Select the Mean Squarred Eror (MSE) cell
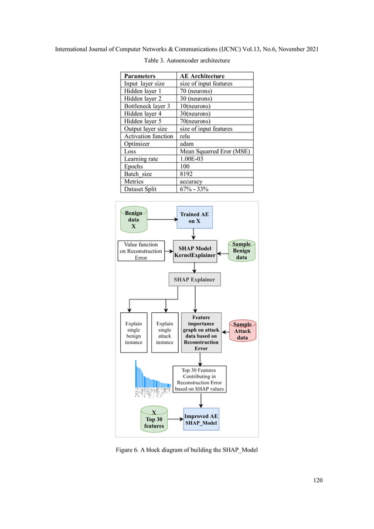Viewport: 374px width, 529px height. [215, 151]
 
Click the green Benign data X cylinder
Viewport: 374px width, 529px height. [134, 220]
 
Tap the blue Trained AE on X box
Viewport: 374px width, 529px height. [194, 218]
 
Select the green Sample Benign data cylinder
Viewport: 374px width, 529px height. [242, 251]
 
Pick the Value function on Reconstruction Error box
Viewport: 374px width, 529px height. [141, 251]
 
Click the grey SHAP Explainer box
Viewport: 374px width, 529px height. [194, 279]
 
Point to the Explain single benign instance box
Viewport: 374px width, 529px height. [134, 332]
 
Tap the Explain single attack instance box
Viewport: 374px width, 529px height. [165, 332]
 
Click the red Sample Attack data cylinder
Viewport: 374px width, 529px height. [242, 331]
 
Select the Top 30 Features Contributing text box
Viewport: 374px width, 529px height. [199, 379]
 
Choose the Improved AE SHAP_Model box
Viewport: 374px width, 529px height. [201, 419]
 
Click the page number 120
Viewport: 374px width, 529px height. [318, 480]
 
